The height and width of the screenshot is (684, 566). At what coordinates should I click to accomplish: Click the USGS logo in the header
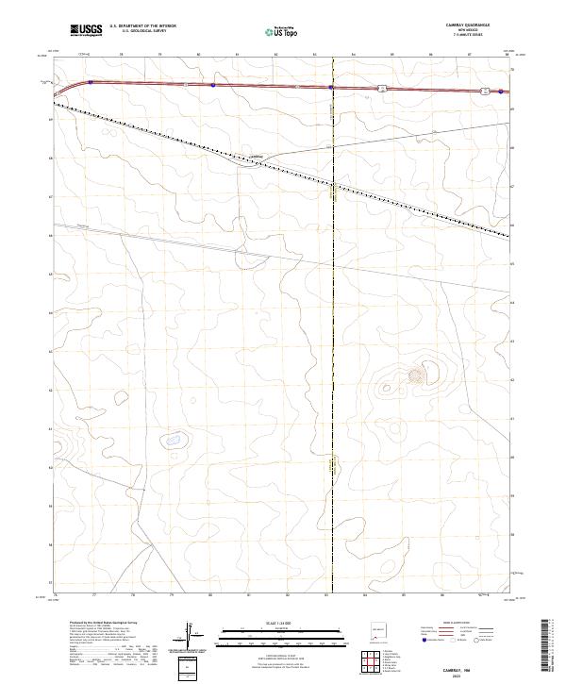click(x=86, y=30)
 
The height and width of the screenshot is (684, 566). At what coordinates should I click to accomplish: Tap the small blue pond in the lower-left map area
click(x=173, y=439)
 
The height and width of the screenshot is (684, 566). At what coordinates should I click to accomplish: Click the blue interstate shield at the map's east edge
click(x=501, y=92)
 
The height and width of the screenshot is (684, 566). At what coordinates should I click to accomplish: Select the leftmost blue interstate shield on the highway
click(x=91, y=83)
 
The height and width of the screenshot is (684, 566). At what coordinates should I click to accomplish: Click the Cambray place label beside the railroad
click(x=255, y=157)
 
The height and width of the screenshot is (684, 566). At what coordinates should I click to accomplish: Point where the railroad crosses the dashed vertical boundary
click(x=333, y=183)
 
